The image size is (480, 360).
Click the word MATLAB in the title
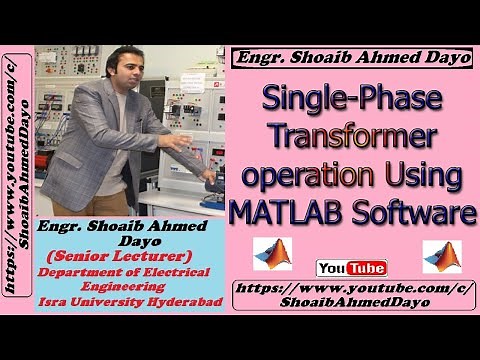coord(281,212)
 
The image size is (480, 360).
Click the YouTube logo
coord(351,268)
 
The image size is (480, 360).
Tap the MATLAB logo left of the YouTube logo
coord(272,254)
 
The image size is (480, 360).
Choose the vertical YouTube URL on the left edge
coord(17,180)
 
